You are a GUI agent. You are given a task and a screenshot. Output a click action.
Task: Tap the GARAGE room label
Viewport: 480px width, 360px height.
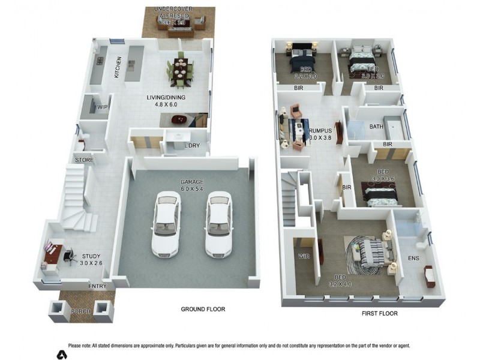(x=193, y=182)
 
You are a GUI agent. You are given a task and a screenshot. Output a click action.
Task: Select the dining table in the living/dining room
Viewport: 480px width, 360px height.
(x=180, y=70)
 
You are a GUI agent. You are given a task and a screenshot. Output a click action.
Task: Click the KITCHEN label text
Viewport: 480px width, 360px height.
(x=118, y=68)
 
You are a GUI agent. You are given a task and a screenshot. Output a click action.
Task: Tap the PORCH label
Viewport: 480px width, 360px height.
(x=81, y=312)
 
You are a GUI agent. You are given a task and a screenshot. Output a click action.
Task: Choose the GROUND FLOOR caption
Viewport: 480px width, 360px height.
(x=203, y=309)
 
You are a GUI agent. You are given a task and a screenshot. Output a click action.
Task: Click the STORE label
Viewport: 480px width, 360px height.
(x=84, y=160)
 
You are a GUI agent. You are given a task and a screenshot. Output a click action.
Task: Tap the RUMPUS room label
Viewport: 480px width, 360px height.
(x=320, y=130)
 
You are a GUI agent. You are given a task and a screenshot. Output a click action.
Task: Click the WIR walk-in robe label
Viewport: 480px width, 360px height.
(x=303, y=256)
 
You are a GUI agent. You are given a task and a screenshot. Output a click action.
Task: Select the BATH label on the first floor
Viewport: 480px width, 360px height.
(x=376, y=127)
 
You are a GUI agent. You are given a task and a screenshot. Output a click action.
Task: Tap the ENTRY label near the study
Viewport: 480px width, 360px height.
(x=98, y=286)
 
